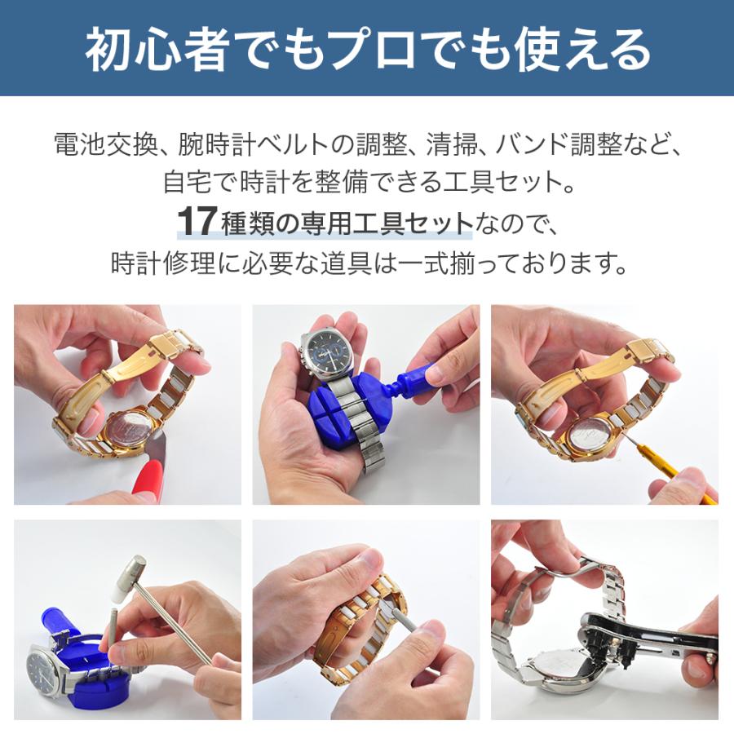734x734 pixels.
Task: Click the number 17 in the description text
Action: click(196, 222)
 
